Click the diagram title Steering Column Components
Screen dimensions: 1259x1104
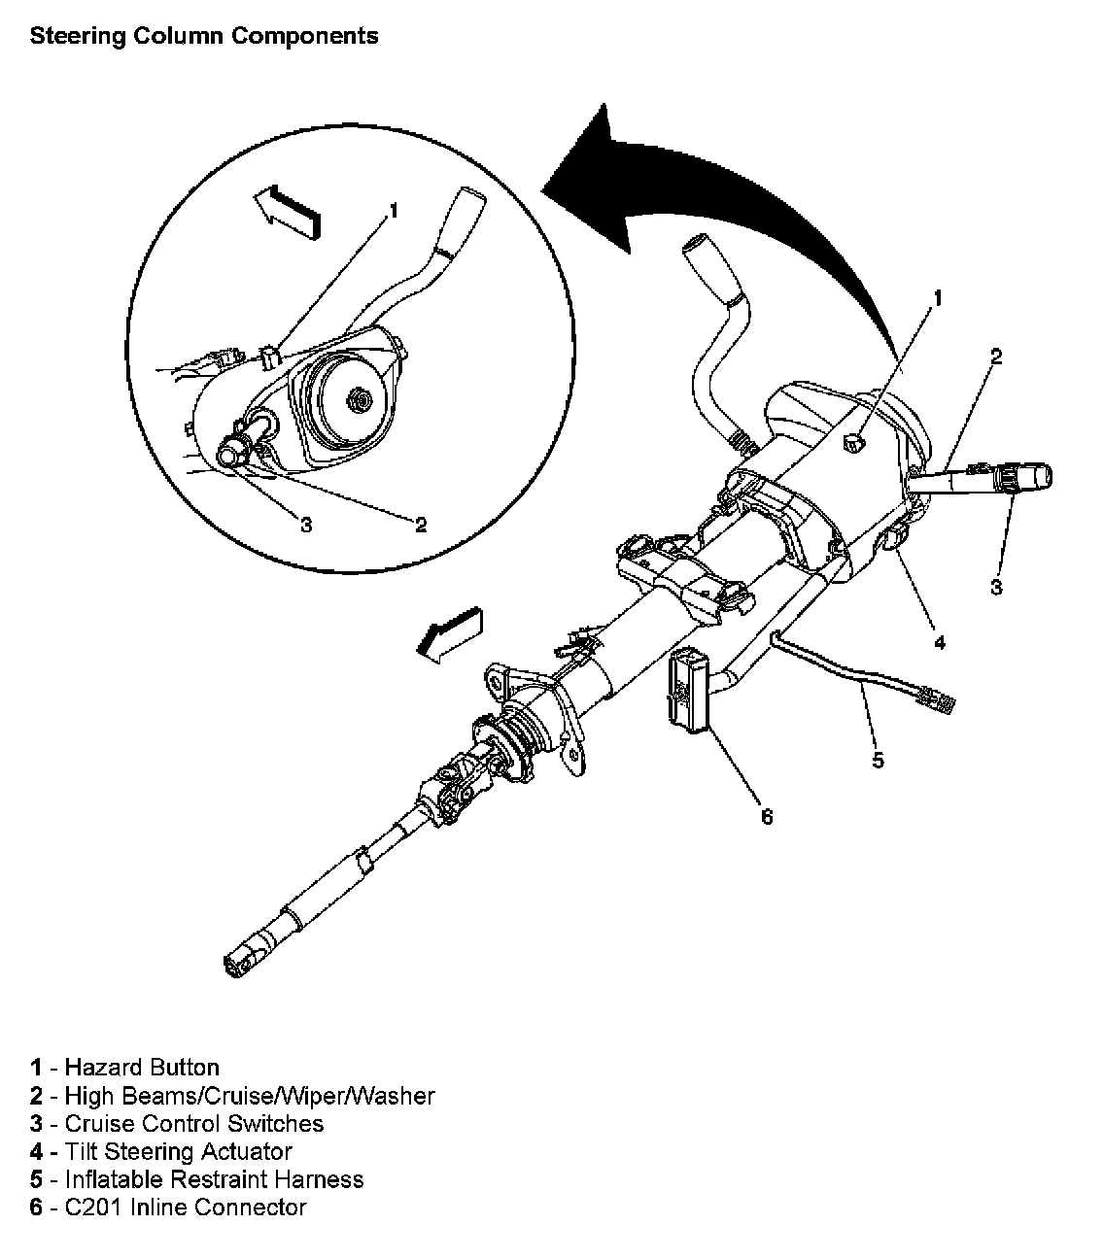204,37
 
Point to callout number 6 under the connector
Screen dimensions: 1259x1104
767,817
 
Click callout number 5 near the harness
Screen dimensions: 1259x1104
878,760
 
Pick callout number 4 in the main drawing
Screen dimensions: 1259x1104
938,642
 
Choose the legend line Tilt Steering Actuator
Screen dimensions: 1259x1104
160,1152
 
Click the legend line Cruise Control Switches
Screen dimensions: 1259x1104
176,1124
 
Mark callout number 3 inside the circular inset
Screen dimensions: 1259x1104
306,526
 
